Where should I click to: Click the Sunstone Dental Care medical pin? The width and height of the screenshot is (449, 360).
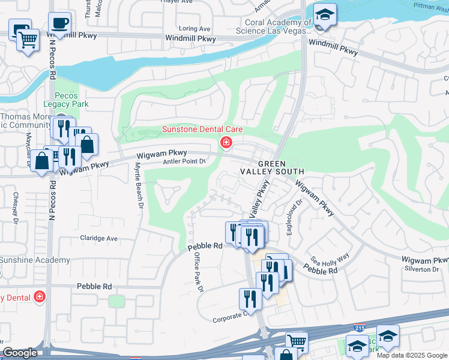[x=226, y=142]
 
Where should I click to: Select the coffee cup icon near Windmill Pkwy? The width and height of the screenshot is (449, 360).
[x=59, y=24]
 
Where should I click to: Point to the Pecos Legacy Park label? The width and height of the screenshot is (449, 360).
[x=71, y=100]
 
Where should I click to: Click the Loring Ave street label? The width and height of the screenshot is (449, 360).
[x=194, y=28]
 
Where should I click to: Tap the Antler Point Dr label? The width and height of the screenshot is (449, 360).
[x=184, y=161]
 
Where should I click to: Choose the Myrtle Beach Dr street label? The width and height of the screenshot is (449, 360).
[x=140, y=185]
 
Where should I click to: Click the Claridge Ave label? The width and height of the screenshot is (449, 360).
[x=99, y=238]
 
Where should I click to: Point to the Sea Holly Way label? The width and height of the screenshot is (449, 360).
[x=330, y=259]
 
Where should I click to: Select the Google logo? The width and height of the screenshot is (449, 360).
[x=20, y=353]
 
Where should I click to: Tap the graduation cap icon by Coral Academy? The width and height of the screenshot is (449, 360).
[x=325, y=14]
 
